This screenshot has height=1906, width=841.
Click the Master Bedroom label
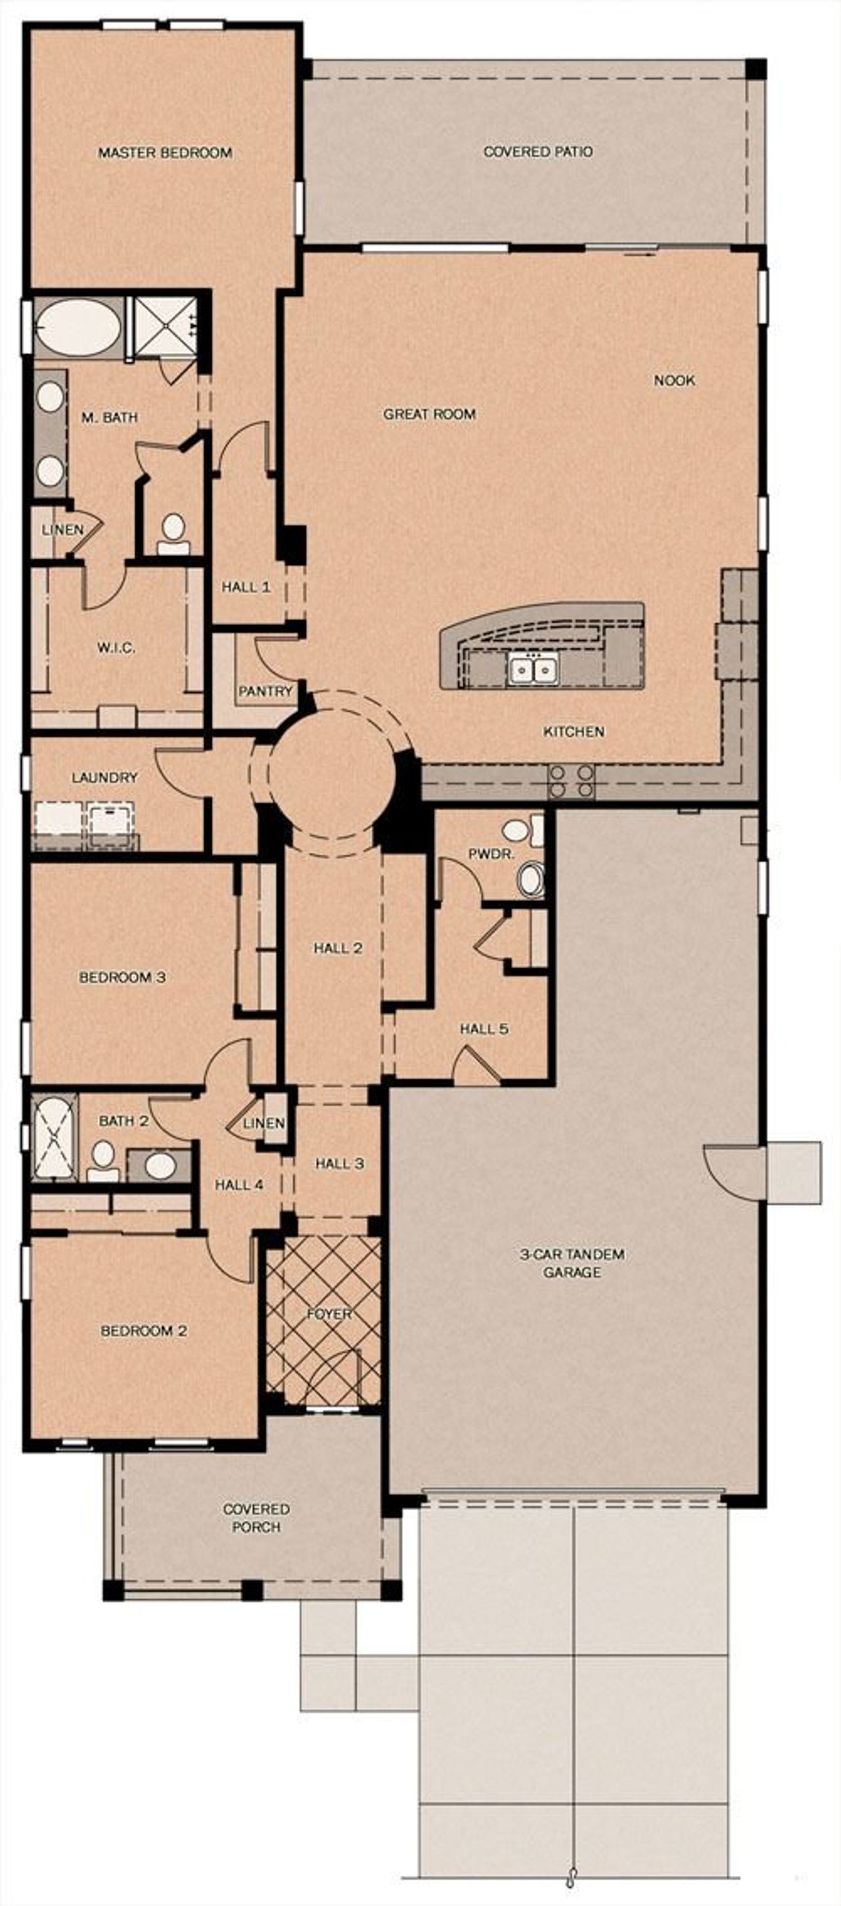(x=165, y=152)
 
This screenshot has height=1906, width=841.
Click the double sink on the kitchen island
(x=533, y=669)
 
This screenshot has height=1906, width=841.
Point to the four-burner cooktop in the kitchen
(x=570, y=781)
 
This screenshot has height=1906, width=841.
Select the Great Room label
(x=429, y=414)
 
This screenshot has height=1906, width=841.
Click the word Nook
(x=674, y=381)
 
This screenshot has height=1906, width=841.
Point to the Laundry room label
(x=104, y=778)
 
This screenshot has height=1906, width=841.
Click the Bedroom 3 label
(x=122, y=977)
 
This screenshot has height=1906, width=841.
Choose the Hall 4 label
(x=239, y=1184)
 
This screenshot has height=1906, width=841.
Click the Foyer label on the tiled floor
(x=329, y=1313)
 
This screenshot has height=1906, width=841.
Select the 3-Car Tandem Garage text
(x=572, y=1263)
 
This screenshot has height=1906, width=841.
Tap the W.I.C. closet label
(x=116, y=648)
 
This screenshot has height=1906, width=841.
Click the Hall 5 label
(x=484, y=1029)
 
